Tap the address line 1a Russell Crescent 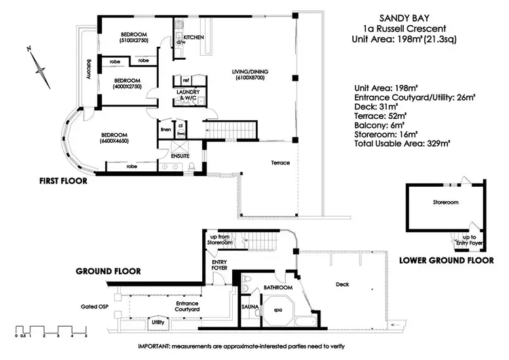click(407, 29)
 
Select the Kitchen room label click(193, 37)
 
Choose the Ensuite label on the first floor click(180, 156)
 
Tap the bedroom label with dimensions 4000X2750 click(127, 83)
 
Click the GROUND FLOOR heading click(108, 271)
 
